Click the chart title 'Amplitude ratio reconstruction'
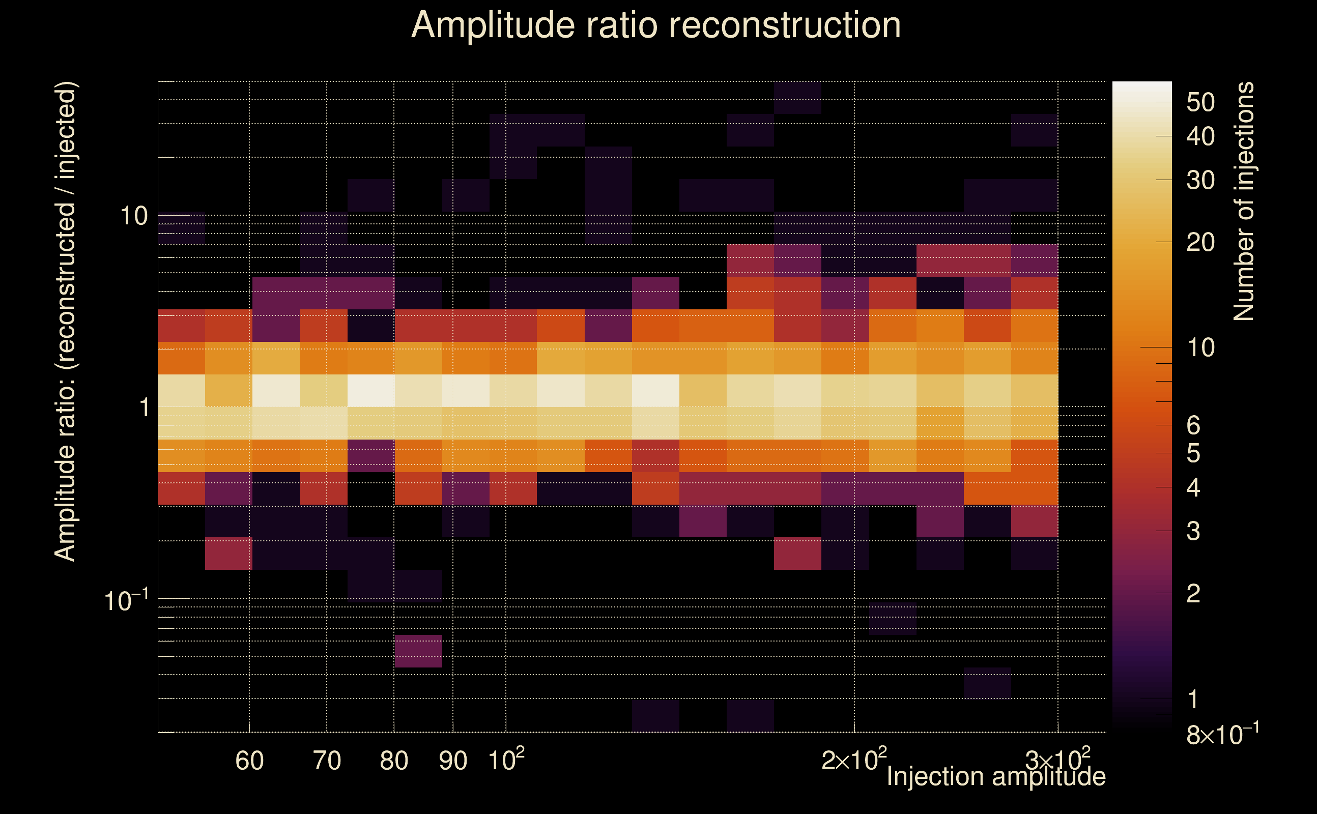click(x=656, y=25)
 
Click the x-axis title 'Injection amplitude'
click(x=995, y=777)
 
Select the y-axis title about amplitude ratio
click(x=66, y=322)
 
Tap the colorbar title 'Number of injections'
click(x=1243, y=201)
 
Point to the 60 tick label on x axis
click(x=249, y=761)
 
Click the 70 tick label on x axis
click(x=327, y=761)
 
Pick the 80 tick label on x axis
click(x=393, y=761)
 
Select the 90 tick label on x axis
click(x=453, y=761)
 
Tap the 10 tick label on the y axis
click(x=133, y=216)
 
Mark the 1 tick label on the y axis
click(x=144, y=408)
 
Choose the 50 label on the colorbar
click(x=1200, y=102)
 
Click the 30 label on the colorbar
click(x=1200, y=180)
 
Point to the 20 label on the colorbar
click(x=1200, y=243)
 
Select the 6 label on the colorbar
click(x=1193, y=426)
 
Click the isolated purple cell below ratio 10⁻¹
click(x=418, y=651)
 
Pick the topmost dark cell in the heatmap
click(x=797, y=98)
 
